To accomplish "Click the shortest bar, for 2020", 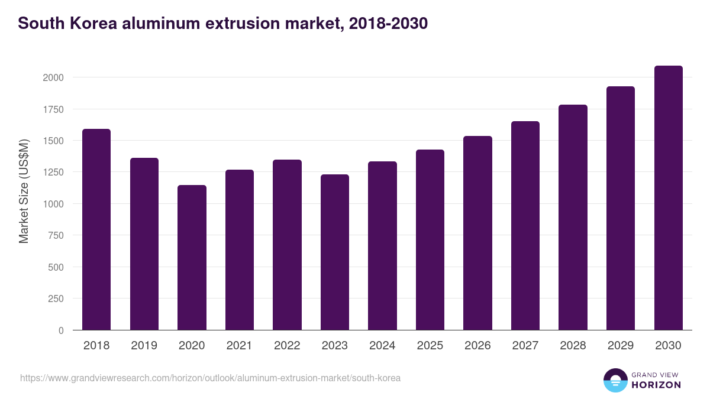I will (192, 258).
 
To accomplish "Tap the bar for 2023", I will (335, 252).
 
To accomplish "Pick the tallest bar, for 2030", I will (669, 198).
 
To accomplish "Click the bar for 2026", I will (477, 233).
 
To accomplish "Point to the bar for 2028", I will (573, 218).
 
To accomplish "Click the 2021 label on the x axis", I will (239, 346).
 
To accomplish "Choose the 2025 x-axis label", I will (430, 346).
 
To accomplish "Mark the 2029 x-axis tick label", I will (621, 346).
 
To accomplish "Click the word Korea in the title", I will (95, 24).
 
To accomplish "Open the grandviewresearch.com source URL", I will (210, 378).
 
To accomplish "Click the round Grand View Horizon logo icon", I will (615, 380).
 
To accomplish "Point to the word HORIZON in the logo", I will (657, 385).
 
